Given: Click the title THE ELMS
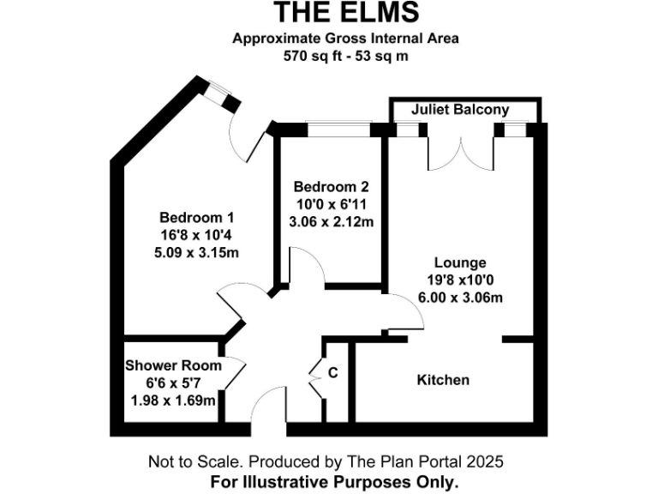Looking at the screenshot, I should (347, 12).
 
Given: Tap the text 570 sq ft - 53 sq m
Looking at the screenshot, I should (347, 57).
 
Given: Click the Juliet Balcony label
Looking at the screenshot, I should (459, 110).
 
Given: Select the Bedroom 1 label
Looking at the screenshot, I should (197, 218).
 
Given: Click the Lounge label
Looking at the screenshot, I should (460, 263).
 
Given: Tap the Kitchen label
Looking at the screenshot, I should (443, 380).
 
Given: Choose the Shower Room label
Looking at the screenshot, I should (173, 365).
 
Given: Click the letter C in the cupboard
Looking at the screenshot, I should (333, 373).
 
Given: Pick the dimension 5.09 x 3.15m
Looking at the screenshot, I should (197, 252).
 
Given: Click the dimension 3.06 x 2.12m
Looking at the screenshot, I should (331, 221).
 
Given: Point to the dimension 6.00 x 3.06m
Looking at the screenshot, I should (460, 298).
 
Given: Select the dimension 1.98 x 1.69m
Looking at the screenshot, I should (173, 400).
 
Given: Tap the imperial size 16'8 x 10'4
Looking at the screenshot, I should (197, 235).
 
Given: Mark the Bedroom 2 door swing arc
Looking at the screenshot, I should (308, 262).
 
